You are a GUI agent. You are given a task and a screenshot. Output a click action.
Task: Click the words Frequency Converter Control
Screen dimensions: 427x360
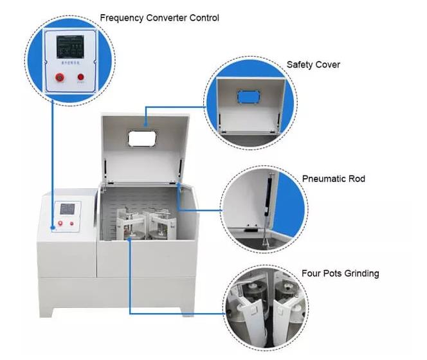coord(159,18)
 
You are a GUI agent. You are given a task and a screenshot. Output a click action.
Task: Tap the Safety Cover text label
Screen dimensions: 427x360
coord(313,65)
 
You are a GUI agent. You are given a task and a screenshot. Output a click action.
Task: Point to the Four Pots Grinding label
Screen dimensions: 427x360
coord(340,273)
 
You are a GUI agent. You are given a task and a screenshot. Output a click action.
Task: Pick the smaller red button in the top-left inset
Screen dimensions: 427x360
coord(81,78)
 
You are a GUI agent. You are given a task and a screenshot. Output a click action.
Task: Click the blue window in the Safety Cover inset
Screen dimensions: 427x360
coord(248,97)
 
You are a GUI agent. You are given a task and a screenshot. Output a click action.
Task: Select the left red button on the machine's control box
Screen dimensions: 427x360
coord(60,224)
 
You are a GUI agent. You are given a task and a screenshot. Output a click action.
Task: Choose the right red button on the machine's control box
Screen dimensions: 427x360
coord(72,224)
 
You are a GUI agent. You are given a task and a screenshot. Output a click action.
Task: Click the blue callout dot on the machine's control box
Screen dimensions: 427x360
coord(52,226)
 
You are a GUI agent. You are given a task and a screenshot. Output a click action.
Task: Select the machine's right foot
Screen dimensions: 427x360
coord(187,312)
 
